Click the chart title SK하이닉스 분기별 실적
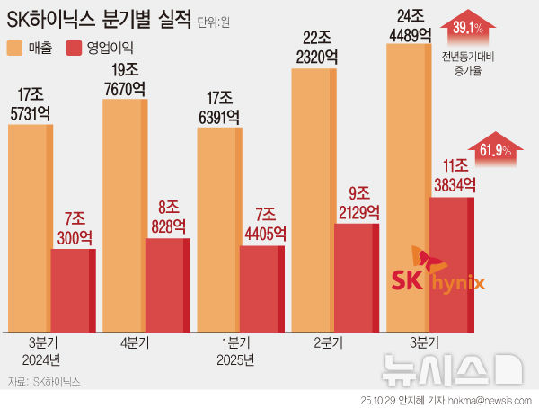(98, 18)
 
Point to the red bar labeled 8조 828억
(167, 284)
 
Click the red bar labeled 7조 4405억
(261, 288)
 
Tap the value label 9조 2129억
(357, 203)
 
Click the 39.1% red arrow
(468, 29)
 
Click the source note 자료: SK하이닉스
(43, 381)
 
